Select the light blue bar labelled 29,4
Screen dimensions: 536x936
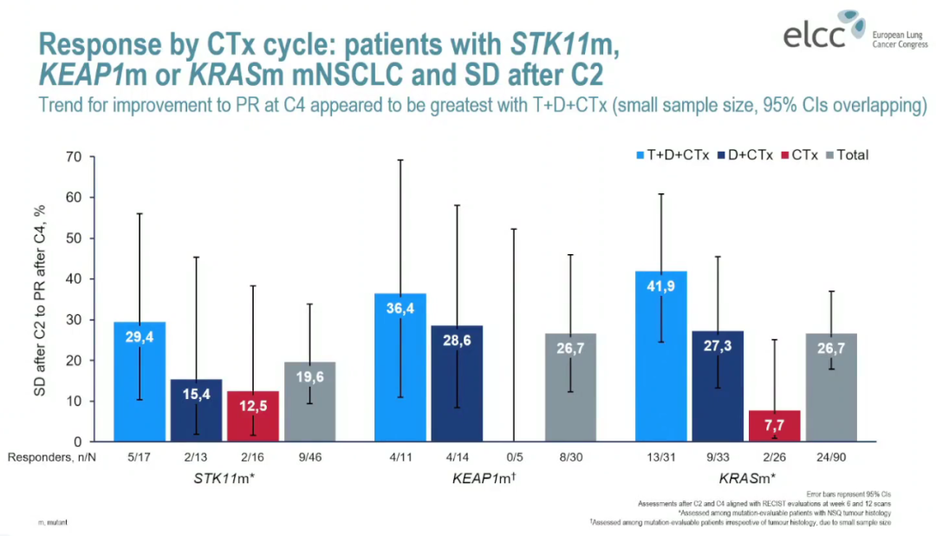(x=140, y=382)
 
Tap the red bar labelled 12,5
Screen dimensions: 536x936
(x=253, y=416)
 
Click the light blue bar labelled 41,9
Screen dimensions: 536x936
(x=661, y=356)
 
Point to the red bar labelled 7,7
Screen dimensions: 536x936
(x=775, y=426)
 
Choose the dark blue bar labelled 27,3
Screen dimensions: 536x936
(x=718, y=386)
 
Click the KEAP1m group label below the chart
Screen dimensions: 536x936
(x=485, y=478)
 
